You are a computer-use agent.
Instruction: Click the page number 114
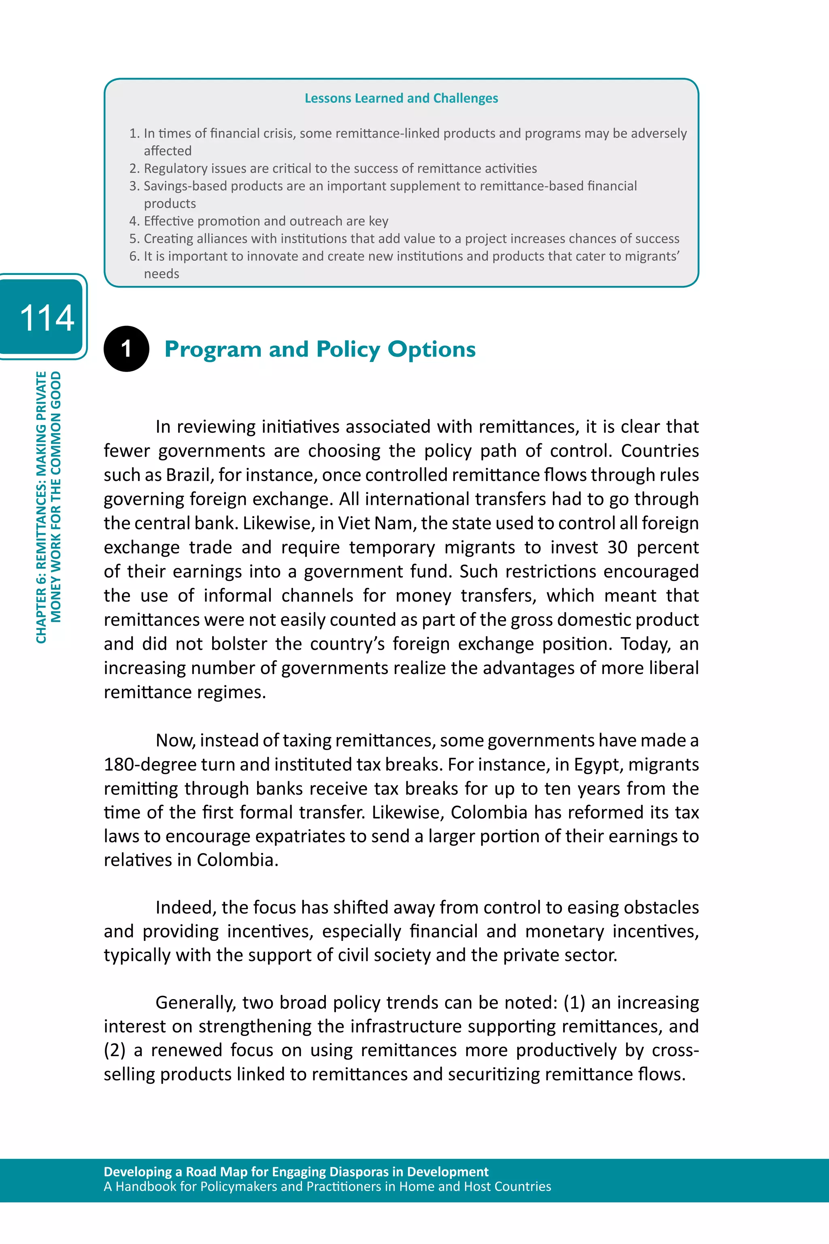(47, 318)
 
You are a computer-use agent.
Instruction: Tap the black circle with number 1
(126, 349)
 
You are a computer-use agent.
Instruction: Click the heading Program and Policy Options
(320, 349)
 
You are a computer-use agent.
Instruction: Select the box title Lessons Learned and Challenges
(401, 98)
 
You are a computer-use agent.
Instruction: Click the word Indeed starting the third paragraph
(185, 907)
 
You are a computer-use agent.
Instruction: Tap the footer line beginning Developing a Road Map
(295, 1172)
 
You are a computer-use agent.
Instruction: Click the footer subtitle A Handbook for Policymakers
(327, 1187)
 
